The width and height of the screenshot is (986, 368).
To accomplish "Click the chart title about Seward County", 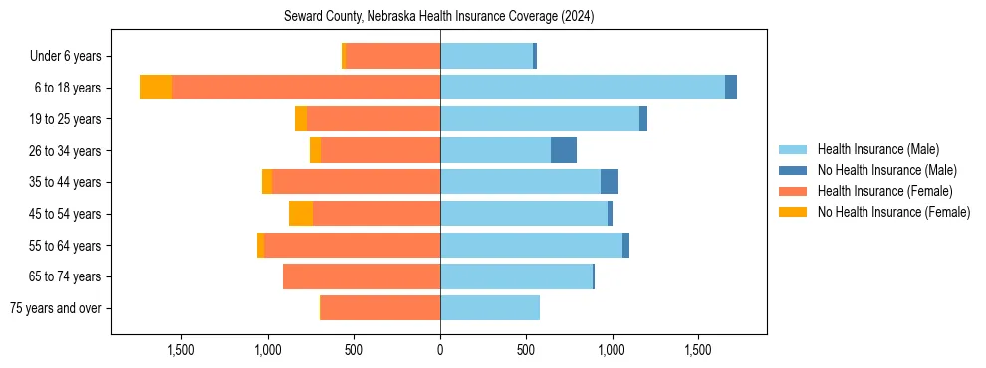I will point(438,16).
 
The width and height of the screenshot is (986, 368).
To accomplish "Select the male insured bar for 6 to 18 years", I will point(583,88).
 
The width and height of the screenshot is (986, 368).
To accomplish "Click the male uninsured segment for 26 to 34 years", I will point(564,150).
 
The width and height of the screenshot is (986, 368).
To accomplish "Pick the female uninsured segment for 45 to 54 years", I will point(301,214).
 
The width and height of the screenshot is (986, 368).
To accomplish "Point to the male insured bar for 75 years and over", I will point(490,308).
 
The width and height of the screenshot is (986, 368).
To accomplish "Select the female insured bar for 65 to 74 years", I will point(362,276).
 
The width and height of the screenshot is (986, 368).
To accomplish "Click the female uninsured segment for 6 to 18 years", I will point(156,88).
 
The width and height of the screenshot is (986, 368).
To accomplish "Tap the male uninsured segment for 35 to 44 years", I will point(610,182).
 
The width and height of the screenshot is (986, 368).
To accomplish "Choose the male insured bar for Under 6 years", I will point(486,56).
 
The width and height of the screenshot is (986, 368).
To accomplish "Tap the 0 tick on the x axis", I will point(440,350).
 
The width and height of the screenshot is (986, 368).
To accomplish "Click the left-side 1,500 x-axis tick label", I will point(181,350).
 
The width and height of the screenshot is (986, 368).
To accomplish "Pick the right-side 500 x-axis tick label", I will point(526,350).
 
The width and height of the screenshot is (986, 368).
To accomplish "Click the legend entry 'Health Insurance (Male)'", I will point(877,149).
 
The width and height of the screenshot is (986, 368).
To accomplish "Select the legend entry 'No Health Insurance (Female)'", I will point(893,212).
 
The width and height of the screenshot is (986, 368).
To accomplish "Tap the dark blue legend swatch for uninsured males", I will point(793,170).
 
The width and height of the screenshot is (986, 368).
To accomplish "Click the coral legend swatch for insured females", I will point(793,191).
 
